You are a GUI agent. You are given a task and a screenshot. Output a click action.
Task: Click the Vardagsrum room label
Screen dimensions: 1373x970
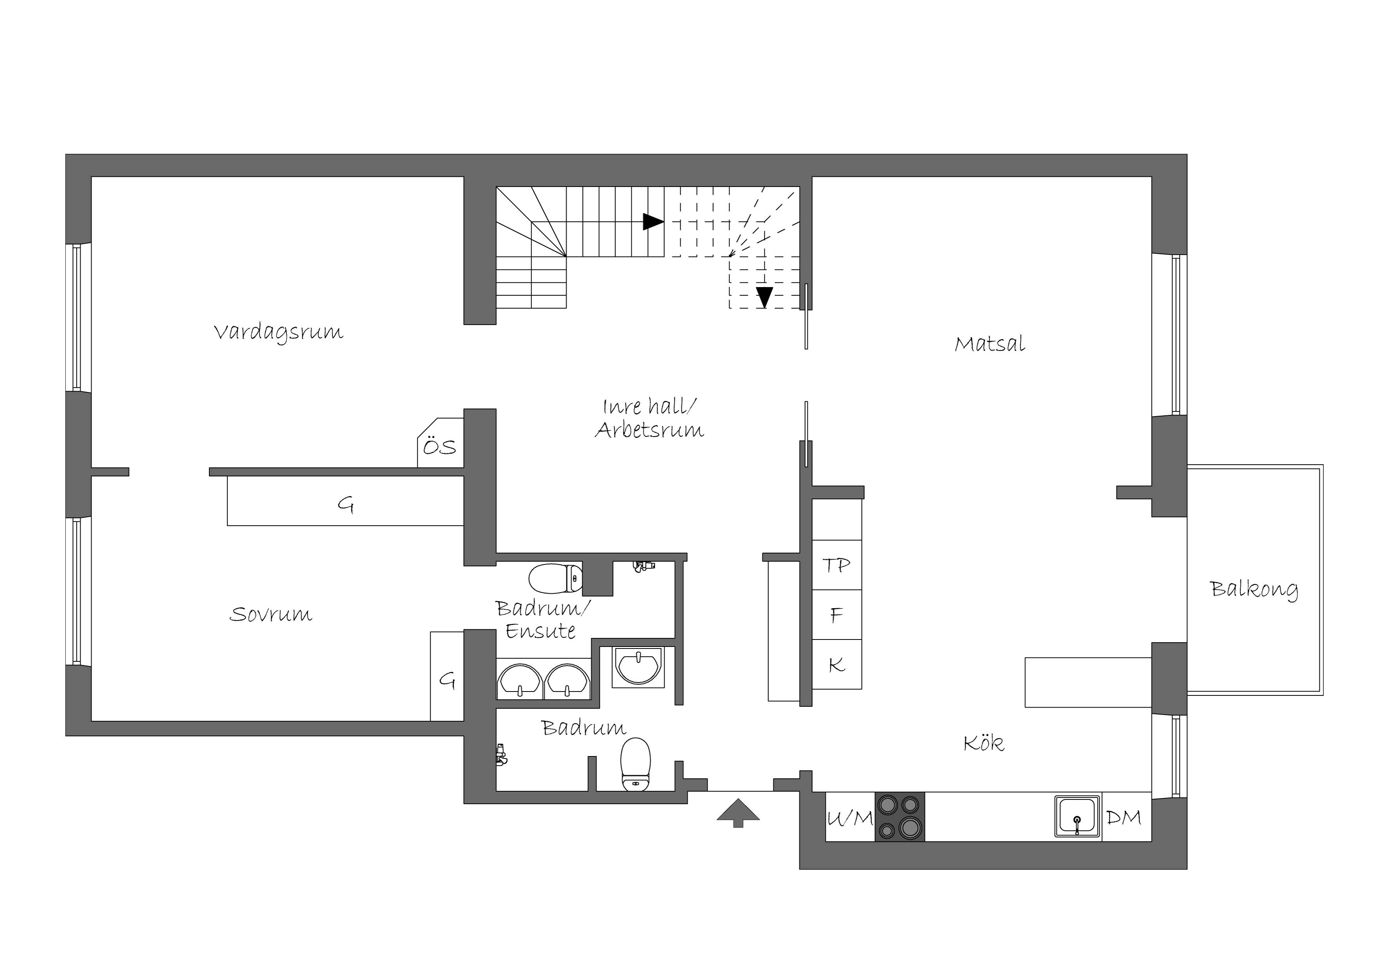(279, 333)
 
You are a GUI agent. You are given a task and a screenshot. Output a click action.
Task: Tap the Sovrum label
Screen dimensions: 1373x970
(271, 614)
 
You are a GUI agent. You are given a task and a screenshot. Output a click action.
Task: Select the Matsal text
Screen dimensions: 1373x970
(990, 344)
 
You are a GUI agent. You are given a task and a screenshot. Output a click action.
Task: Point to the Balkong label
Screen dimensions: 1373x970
(1254, 589)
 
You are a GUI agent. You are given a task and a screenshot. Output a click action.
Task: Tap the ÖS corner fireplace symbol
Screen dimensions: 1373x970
(440, 443)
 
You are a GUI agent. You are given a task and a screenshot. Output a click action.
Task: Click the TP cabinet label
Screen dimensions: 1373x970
(836, 566)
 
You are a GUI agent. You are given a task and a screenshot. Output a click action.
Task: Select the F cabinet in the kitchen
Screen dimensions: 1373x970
(836, 615)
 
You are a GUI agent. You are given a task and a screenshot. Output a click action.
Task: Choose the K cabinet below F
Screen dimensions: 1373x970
(836, 665)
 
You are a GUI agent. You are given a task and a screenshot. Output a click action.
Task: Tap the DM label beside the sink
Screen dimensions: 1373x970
(1124, 817)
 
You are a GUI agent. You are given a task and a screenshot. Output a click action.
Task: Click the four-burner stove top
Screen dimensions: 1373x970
(900, 817)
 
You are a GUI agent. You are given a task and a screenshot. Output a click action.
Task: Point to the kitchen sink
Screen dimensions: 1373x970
(1077, 816)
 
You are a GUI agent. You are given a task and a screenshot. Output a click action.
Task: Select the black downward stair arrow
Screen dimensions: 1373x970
(764, 297)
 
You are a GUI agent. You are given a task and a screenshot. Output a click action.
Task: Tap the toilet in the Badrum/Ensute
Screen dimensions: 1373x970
(555, 578)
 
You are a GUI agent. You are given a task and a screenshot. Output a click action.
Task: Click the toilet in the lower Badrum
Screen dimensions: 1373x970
(635, 764)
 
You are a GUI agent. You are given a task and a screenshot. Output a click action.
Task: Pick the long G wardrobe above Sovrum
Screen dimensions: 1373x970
(346, 501)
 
